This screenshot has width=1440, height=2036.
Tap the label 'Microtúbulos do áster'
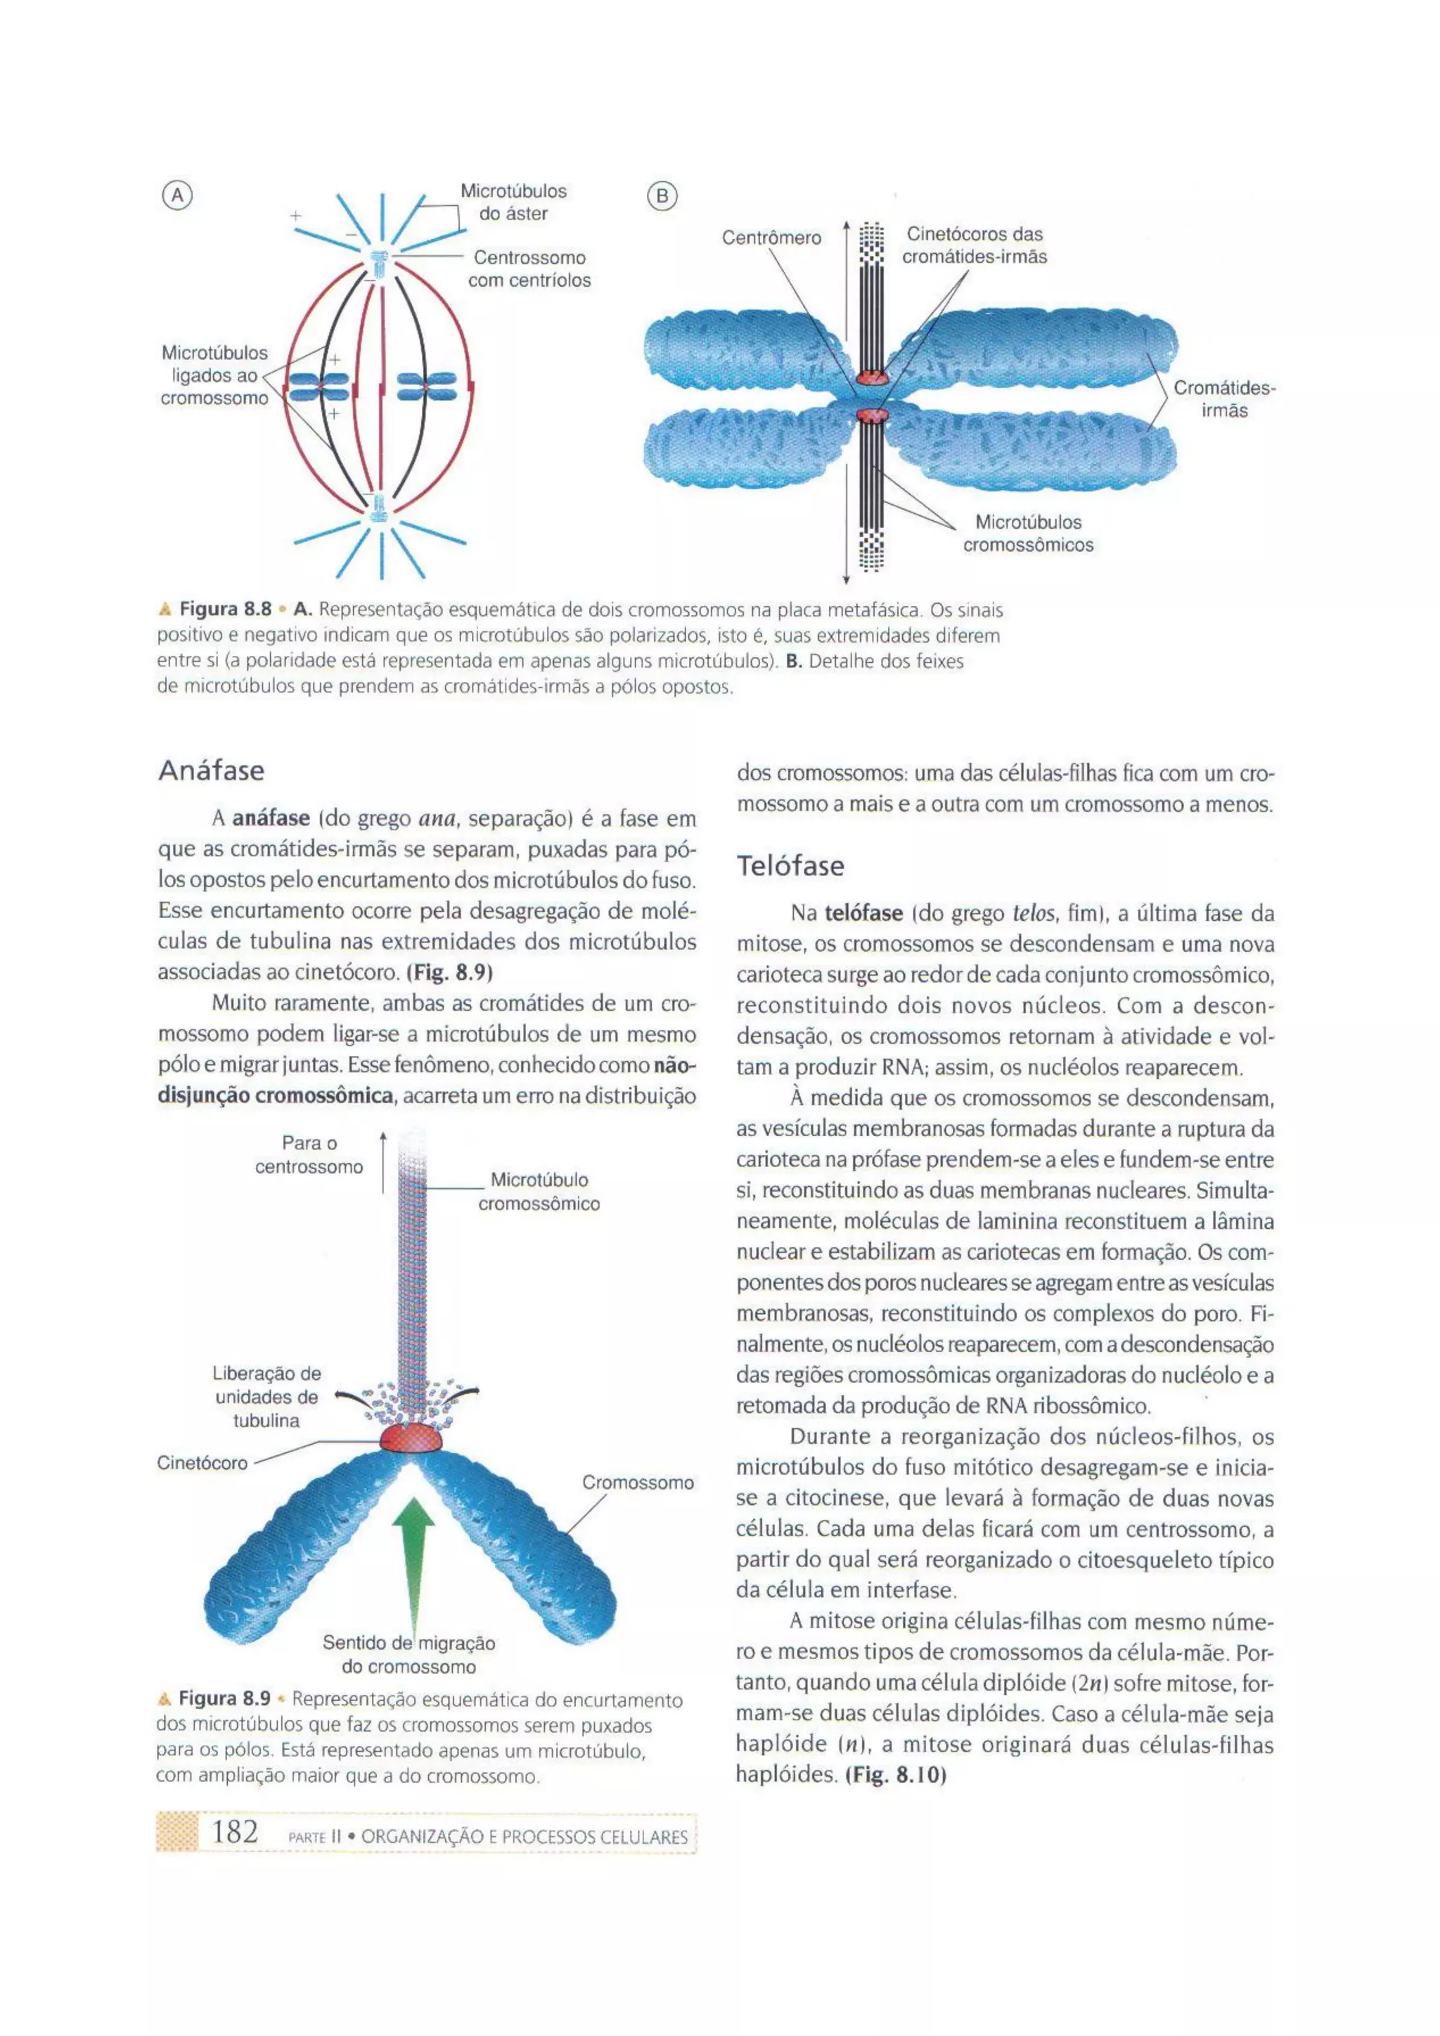[x=513, y=202]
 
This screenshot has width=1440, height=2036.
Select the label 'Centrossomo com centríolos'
[x=529, y=269]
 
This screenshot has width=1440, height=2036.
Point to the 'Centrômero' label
[x=771, y=238]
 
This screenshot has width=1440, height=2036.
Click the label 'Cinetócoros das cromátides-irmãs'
[x=975, y=245]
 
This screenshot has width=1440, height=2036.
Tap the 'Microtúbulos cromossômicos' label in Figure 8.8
[x=1028, y=534]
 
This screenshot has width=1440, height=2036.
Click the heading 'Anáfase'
[x=212, y=771]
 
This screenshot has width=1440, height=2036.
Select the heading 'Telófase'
[x=790, y=865]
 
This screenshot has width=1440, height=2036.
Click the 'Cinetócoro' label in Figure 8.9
[x=202, y=1463]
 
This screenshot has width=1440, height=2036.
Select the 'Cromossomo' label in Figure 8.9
[x=638, y=1483]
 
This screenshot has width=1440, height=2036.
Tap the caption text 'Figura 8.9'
[x=224, y=1699]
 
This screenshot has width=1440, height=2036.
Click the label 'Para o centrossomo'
[x=309, y=1154]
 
